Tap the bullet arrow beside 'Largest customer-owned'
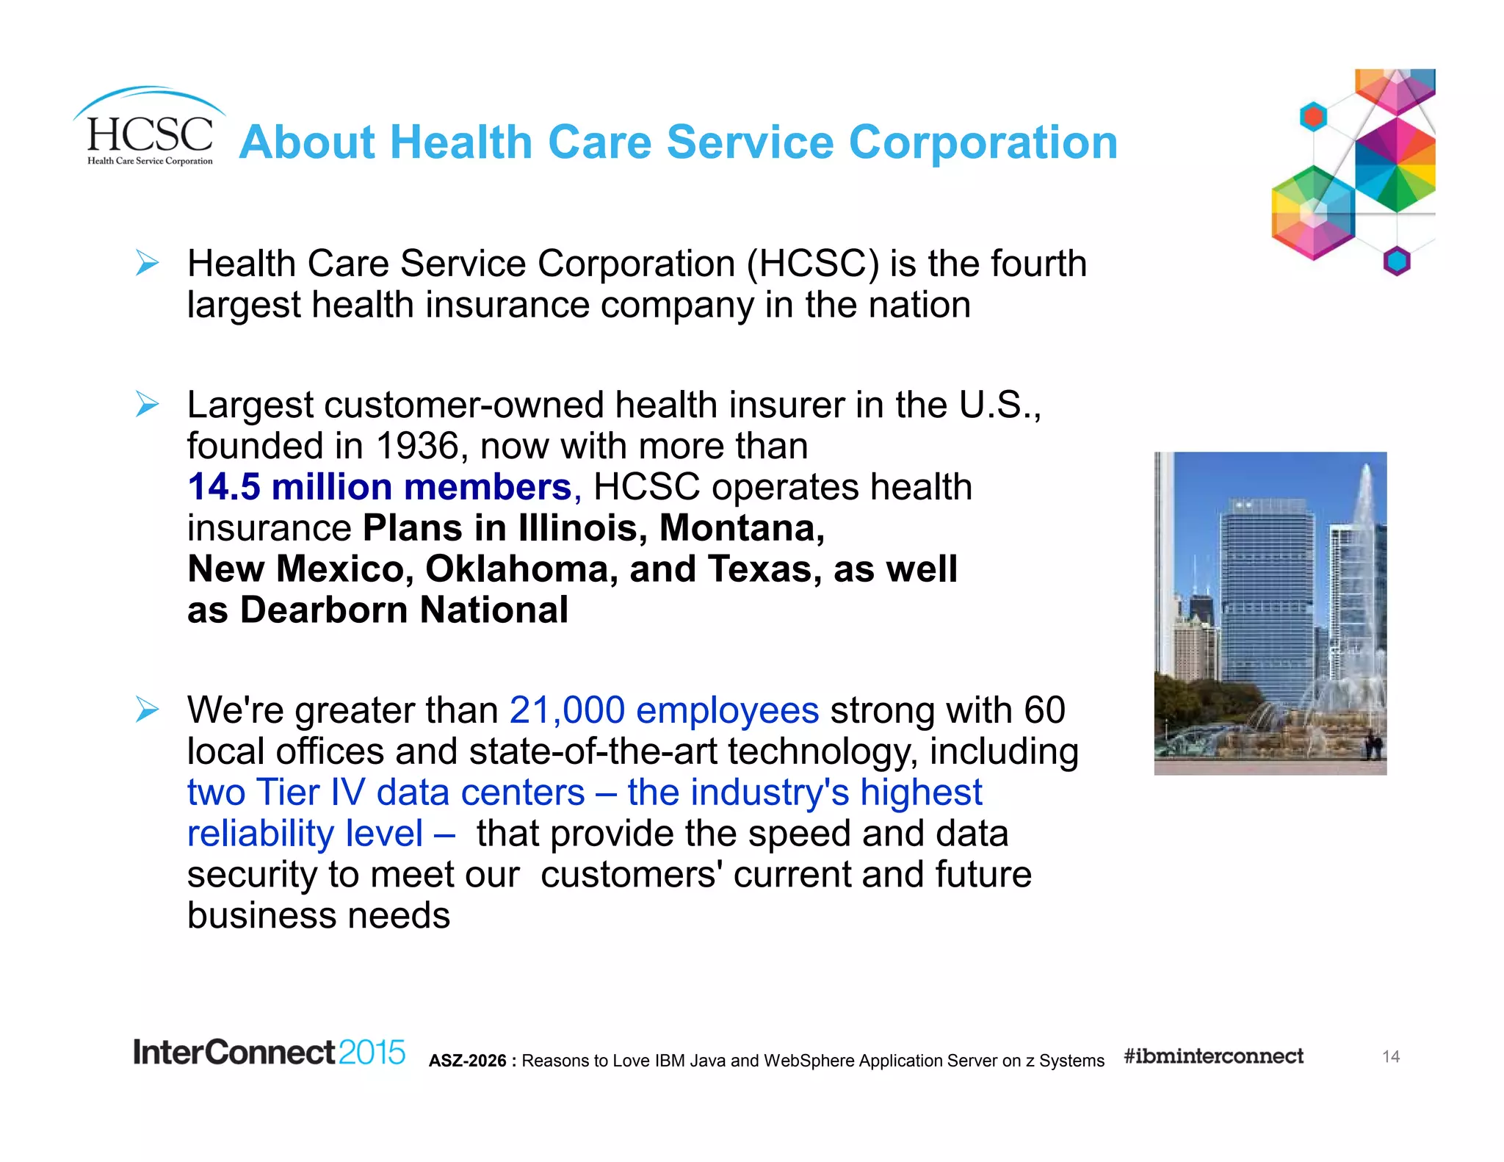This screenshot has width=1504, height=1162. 147,404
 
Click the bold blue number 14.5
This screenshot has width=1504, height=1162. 223,487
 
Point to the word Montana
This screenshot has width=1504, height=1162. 742,528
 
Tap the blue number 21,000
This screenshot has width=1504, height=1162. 566,710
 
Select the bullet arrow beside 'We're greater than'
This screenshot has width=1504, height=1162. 147,710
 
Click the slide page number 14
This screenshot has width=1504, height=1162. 1390,1057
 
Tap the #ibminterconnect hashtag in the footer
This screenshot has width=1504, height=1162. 1213,1056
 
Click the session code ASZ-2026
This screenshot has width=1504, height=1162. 468,1061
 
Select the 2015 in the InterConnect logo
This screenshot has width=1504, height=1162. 372,1053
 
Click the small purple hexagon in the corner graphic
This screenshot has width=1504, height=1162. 1397,261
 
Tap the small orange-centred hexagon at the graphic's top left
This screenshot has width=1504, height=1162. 1313,116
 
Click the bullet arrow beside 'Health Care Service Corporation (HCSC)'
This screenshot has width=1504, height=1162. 147,263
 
